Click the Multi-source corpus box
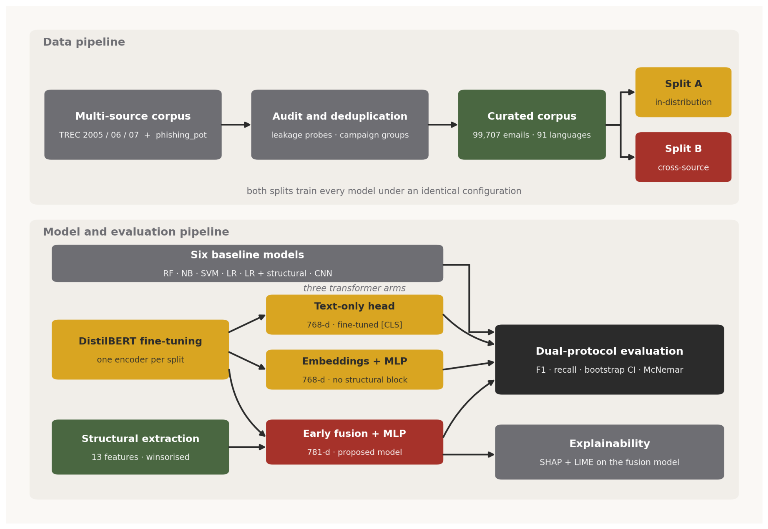[133, 124]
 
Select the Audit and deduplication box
[340, 124]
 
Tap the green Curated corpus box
[532, 124]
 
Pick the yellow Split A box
[683, 92]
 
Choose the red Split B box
[683, 157]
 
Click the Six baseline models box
[247, 263]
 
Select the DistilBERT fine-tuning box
[140, 350]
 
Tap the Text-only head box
[355, 315]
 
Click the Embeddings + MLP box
[355, 370]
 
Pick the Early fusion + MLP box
[355, 442]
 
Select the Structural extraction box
[140, 447]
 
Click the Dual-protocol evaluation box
[609, 359]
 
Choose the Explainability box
[609, 452]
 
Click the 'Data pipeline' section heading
[84, 42]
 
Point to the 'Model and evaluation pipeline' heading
[136, 232]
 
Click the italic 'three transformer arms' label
[355, 288]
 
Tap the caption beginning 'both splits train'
[384, 191]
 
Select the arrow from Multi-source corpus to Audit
[236, 124]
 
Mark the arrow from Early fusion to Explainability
[469, 454]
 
